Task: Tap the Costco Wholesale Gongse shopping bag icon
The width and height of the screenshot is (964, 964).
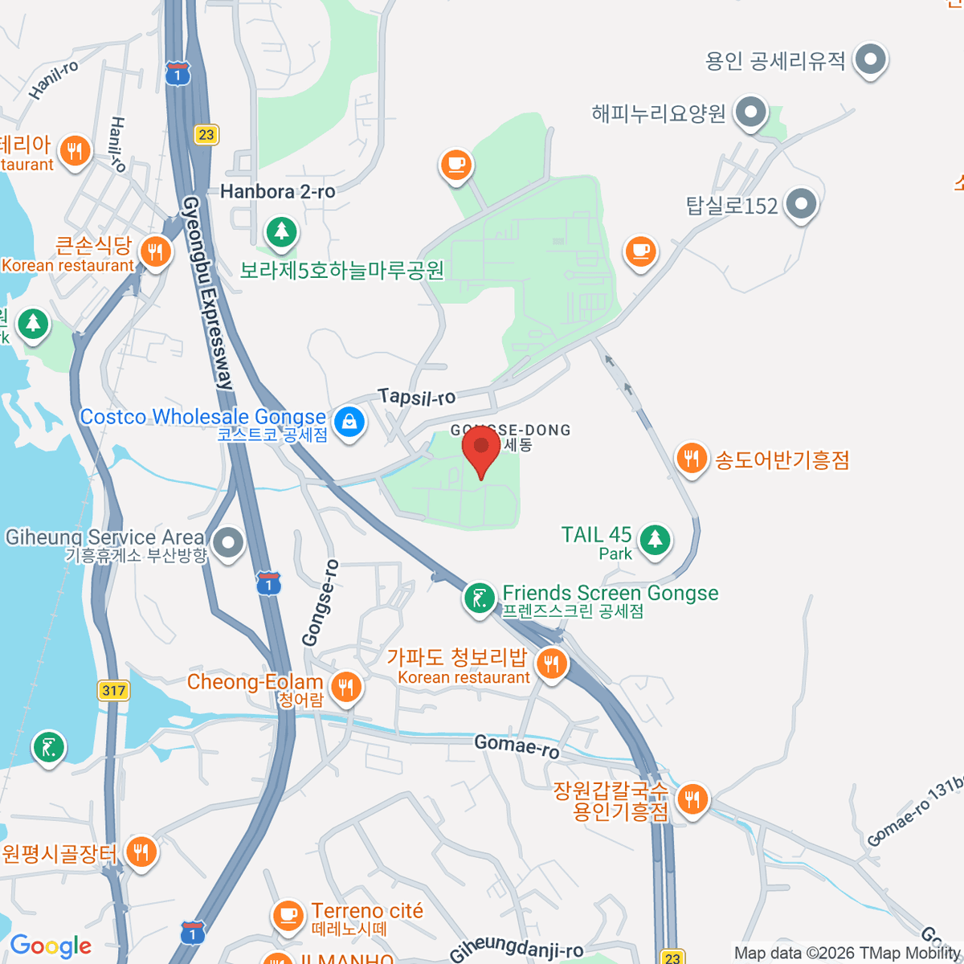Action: pyautogui.click(x=349, y=421)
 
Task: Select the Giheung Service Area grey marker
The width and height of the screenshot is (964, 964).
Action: pyautogui.click(x=229, y=542)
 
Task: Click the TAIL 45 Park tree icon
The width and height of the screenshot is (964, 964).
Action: pyautogui.click(x=655, y=538)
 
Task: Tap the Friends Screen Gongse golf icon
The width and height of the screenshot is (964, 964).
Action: pyautogui.click(x=480, y=598)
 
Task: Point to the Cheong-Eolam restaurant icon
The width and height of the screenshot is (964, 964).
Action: pyautogui.click(x=346, y=688)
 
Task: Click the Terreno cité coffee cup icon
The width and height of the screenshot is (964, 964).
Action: pyautogui.click(x=287, y=915)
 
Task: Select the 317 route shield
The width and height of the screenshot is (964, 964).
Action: pyautogui.click(x=114, y=690)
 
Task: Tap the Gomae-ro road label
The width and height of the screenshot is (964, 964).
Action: pyautogui.click(x=517, y=745)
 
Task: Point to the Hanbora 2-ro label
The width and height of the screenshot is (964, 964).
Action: pyautogui.click(x=278, y=192)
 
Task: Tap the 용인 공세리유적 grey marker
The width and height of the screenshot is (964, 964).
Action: pyautogui.click(x=870, y=59)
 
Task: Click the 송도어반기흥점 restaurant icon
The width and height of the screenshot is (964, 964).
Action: pyautogui.click(x=691, y=459)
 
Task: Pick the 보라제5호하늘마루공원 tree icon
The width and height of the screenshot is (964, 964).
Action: pyautogui.click(x=281, y=232)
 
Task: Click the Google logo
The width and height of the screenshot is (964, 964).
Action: pyautogui.click(x=51, y=946)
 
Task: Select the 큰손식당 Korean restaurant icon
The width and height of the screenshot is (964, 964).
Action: pyautogui.click(x=155, y=252)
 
